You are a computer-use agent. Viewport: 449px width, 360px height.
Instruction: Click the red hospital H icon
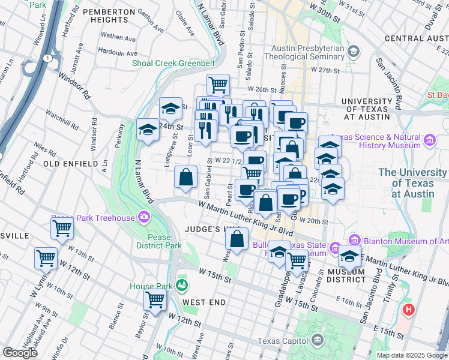click(x=409, y=310)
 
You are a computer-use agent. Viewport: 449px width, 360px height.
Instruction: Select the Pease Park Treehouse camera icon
click(x=144, y=217)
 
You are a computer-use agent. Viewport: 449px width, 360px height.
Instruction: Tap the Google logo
click(x=20, y=352)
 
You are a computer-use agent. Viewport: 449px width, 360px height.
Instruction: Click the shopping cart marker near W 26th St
click(x=218, y=84)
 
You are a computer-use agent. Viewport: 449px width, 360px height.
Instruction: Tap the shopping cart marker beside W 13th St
click(x=62, y=228)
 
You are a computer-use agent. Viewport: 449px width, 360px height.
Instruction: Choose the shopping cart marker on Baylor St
click(x=155, y=299)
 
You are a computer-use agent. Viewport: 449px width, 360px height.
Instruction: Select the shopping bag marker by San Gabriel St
click(x=185, y=176)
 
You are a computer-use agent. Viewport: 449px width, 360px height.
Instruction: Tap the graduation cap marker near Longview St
click(x=170, y=109)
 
